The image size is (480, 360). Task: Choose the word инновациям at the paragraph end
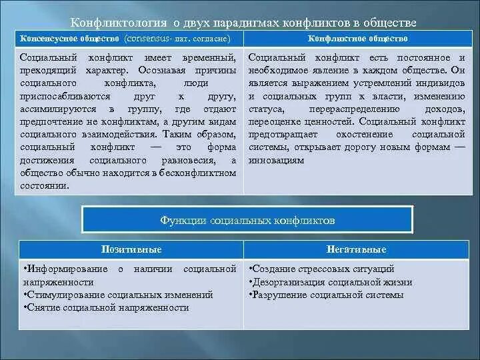pos(276,160)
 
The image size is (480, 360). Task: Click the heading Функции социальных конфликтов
pos(247,219)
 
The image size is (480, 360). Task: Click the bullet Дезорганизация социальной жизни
pos(331,281)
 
